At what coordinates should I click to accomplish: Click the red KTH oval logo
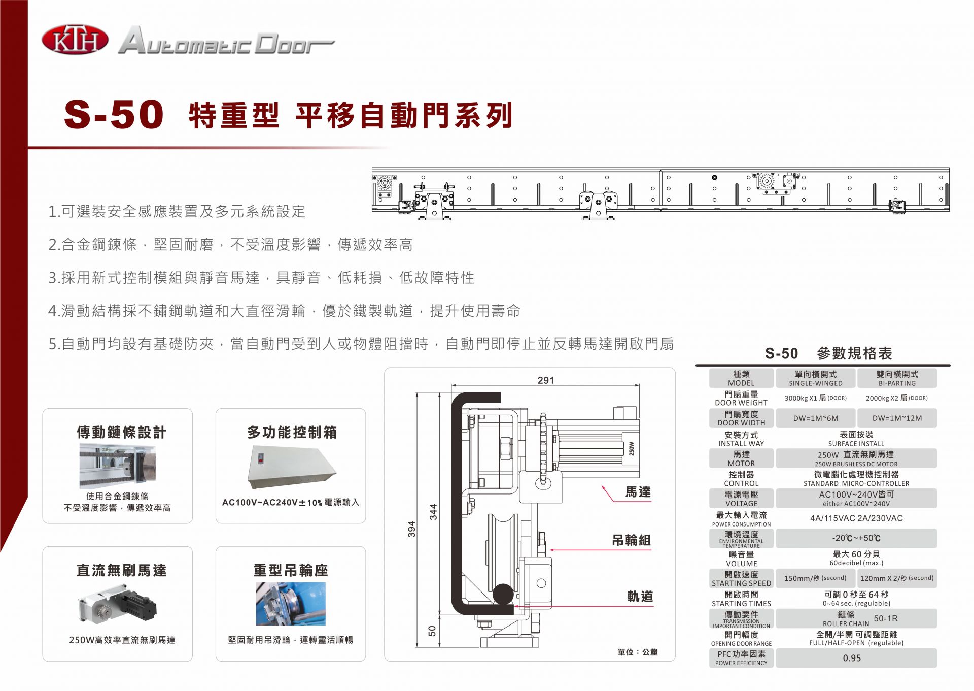pyautogui.click(x=75, y=40)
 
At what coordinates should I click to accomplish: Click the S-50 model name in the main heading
pyautogui.click(x=114, y=114)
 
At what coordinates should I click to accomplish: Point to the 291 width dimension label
pyautogui.click(x=546, y=380)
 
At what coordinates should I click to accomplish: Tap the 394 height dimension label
pyautogui.click(x=411, y=529)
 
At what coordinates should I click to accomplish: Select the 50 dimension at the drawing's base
pyautogui.click(x=432, y=631)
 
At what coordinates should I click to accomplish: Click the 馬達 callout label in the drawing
pyautogui.click(x=638, y=492)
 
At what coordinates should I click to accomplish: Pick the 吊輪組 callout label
pyautogui.click(x=631, y=540)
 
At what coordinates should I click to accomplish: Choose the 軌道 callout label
pyautogui.click(x=640, y=597)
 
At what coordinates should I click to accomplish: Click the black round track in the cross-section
pyautogui.click(x=503, y=594)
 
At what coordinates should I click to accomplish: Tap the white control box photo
pyautogui.click(x=291, y=467)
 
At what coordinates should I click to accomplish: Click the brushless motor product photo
pyautogui.click(x=118, y=604)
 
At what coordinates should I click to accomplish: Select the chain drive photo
pyautogui.click(x=118, y=466)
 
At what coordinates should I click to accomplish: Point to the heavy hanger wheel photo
pyautogui.click(x=291, y=604)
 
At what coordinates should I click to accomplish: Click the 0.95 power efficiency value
pyautogui.click(x=852, y=658)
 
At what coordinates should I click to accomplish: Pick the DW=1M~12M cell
pyautogui.click(x=897, y=418)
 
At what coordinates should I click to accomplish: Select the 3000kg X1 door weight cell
pyautogui.click(x=815, y=398)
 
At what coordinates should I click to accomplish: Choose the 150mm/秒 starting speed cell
pyautogui.click(x=815, y=578)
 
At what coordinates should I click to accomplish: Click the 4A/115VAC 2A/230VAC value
pyautogui.click(x=856, y=518)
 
